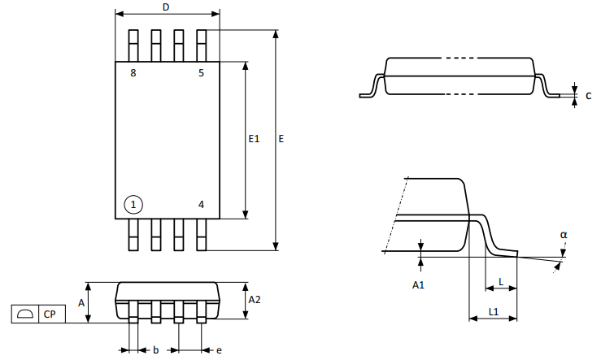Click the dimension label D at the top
coord(166,7)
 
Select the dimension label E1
coord(254,140)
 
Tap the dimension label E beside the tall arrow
coord(281,140)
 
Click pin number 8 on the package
coord(133,73)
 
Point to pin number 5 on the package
coord(201,73)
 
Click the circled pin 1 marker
coord(133,204)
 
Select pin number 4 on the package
coord(201,204)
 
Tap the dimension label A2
coord(255,300)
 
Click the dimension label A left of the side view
coord(81,302)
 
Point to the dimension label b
coord(155,350)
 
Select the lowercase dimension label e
coord(219,350)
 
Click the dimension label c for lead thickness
coord(588,96)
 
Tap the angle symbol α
coord(564,235)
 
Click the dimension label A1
coord(418,284)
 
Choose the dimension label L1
coord(493,312)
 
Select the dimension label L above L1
coord(501,281)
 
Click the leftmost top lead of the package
coord(133,46)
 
